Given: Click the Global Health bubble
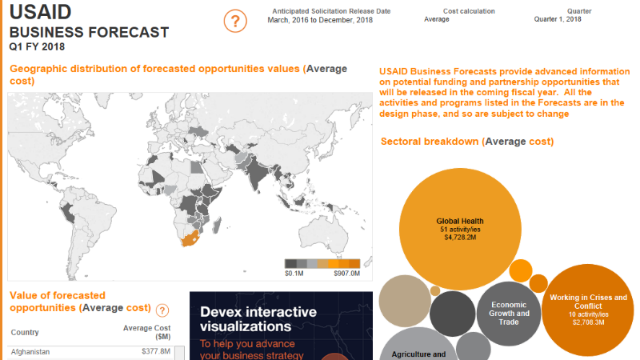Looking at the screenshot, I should (x=461, y=228).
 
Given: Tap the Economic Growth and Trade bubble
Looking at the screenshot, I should (x=510, y=313).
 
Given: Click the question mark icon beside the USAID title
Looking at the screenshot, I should (x=235, y=22).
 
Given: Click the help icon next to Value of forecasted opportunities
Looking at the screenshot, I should (x=162, y=310).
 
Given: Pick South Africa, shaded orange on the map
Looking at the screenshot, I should (x=190, y=241).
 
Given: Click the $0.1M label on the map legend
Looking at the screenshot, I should (x=294, y=274).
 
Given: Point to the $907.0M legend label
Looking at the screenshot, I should (x=346, y=274).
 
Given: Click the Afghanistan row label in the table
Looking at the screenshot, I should (x=30, y=351).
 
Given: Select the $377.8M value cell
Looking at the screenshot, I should (x=155, y=351).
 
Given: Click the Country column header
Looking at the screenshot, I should (x=26, y=332).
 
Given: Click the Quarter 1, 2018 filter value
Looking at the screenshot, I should (x=558, y=19).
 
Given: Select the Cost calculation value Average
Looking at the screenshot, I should (x=437, y=19).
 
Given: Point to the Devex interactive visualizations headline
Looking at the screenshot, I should (x=258, y=319).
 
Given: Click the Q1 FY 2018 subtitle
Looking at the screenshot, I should (x=37, y=47).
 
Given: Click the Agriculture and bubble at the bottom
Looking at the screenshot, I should (x=417, y=349).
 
